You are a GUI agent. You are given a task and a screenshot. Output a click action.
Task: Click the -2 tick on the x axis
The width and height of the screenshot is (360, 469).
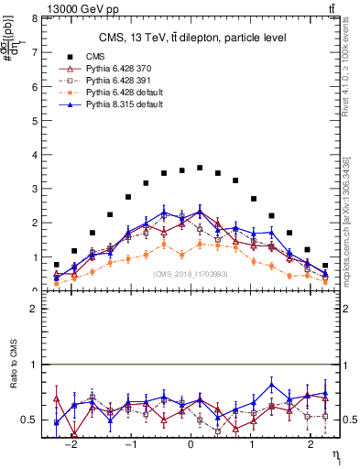click(x=73, y=445)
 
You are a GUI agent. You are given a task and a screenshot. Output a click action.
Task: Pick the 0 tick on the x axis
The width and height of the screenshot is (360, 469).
click(x=191, y=445)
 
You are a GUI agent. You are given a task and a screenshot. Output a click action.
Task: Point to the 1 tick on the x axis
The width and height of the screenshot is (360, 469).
click(x=250, y=445)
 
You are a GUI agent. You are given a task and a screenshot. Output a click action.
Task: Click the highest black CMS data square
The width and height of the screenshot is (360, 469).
click(x=200, y=168)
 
